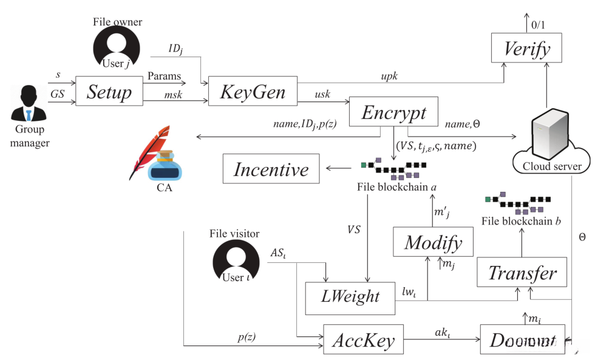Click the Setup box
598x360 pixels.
point(109,92)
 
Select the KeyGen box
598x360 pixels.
point(253,92)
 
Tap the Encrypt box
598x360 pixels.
point(394,112)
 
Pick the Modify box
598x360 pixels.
point(432,242)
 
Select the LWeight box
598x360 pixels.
point(350,296)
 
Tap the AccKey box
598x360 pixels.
point(363,341)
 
